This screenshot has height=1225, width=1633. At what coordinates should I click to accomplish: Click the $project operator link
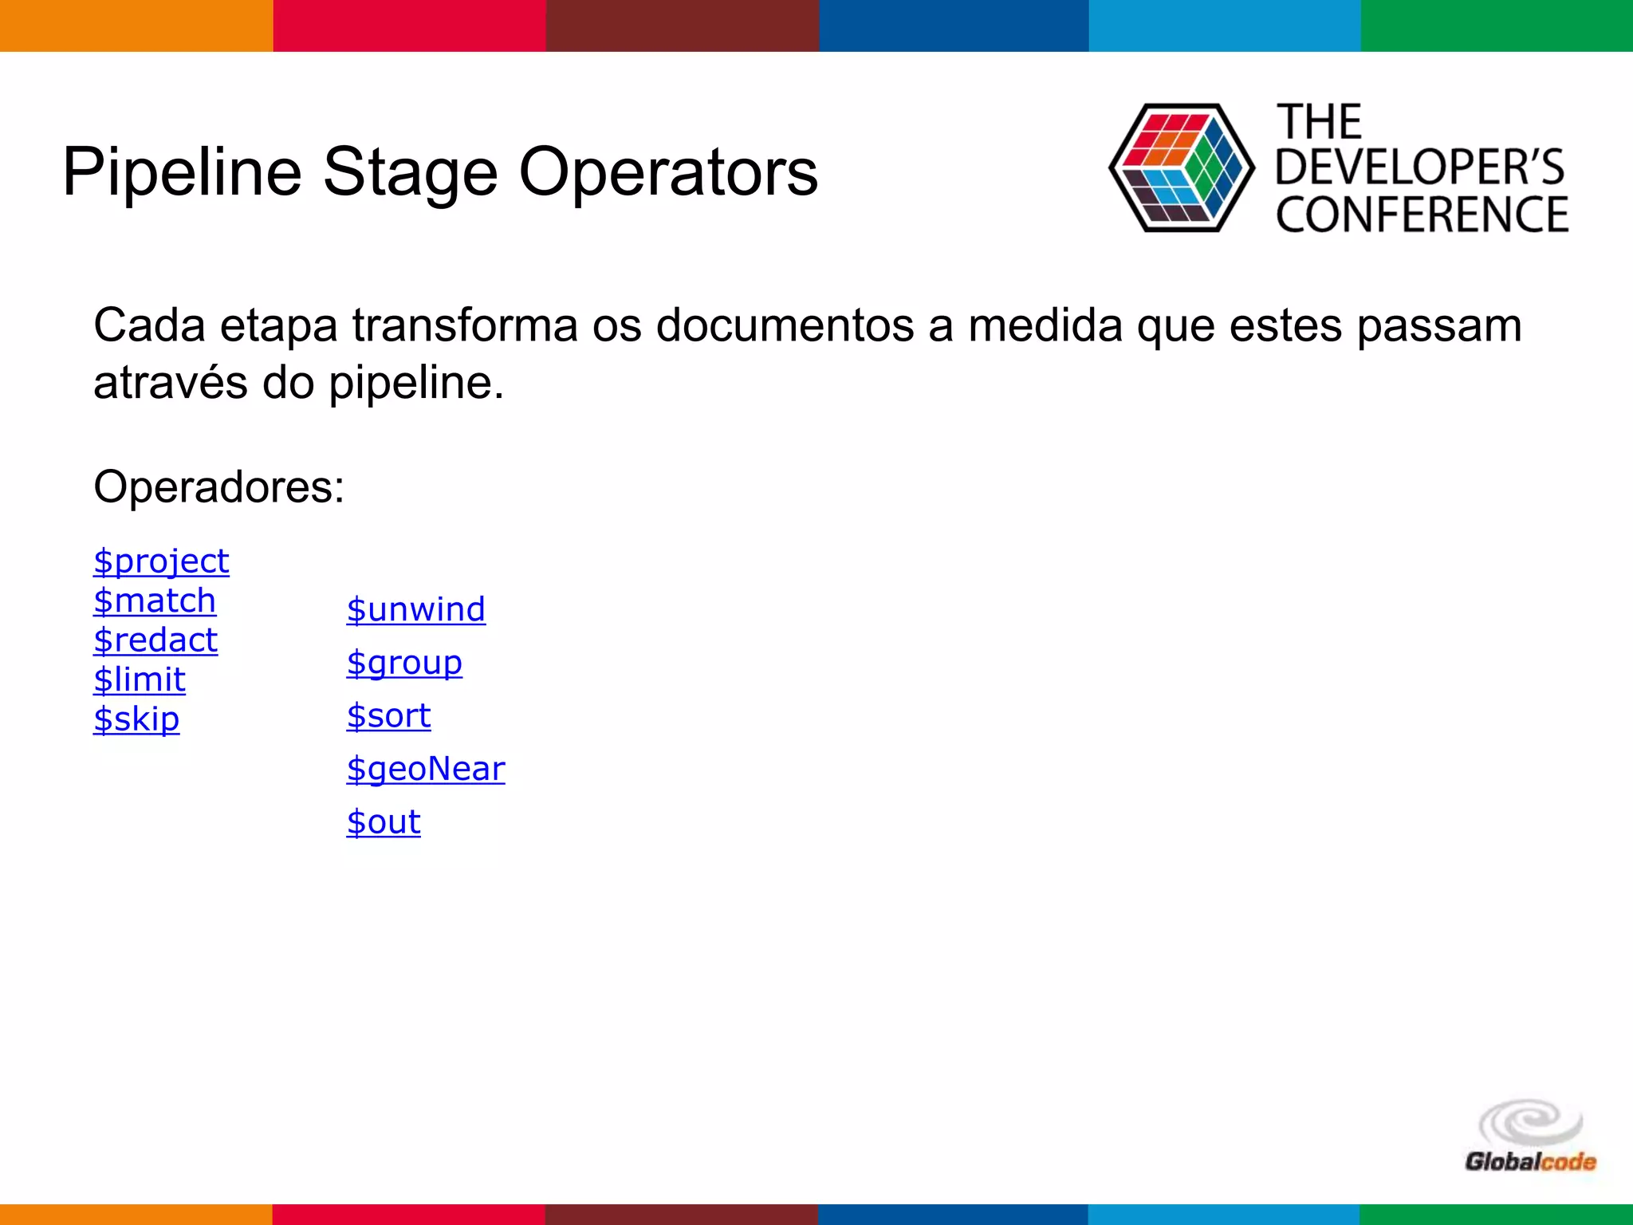(x=161, y=561)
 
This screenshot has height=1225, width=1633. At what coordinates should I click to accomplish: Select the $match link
(x=155, y=601)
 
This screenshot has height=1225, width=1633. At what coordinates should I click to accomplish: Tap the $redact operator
(x=155, y=640)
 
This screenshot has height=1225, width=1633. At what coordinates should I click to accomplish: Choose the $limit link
(x=140, y=679)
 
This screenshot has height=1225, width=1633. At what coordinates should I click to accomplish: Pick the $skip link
(x=136, y=719)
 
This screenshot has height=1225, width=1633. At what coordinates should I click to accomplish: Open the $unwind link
(x=415, y=610)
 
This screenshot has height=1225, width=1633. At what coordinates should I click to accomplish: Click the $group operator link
(x=404, y=663)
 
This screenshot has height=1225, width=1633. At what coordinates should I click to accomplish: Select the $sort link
(x=388, y=716)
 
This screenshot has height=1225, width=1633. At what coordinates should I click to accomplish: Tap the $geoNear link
(x=426, y=769)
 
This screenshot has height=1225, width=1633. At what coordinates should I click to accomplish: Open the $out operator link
(x=384, y=822)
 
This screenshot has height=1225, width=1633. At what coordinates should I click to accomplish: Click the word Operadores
(x=218, y=486)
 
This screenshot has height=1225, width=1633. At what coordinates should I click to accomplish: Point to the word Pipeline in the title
(x=182, y=172)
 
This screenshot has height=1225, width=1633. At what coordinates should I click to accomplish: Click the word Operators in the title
(x=668, y=172)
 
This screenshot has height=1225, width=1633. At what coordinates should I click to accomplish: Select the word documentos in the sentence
(x=785, y=325)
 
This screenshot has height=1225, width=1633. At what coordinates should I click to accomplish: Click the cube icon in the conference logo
(x=1181, y=168)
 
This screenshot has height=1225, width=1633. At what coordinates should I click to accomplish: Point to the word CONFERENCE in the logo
(x=1422, y=215)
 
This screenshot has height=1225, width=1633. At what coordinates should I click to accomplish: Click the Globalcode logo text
(x=1530, y=1161)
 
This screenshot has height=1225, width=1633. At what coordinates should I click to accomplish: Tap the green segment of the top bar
(x=1497, y=26)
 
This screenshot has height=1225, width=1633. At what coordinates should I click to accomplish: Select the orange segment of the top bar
(x=136, y=26)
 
